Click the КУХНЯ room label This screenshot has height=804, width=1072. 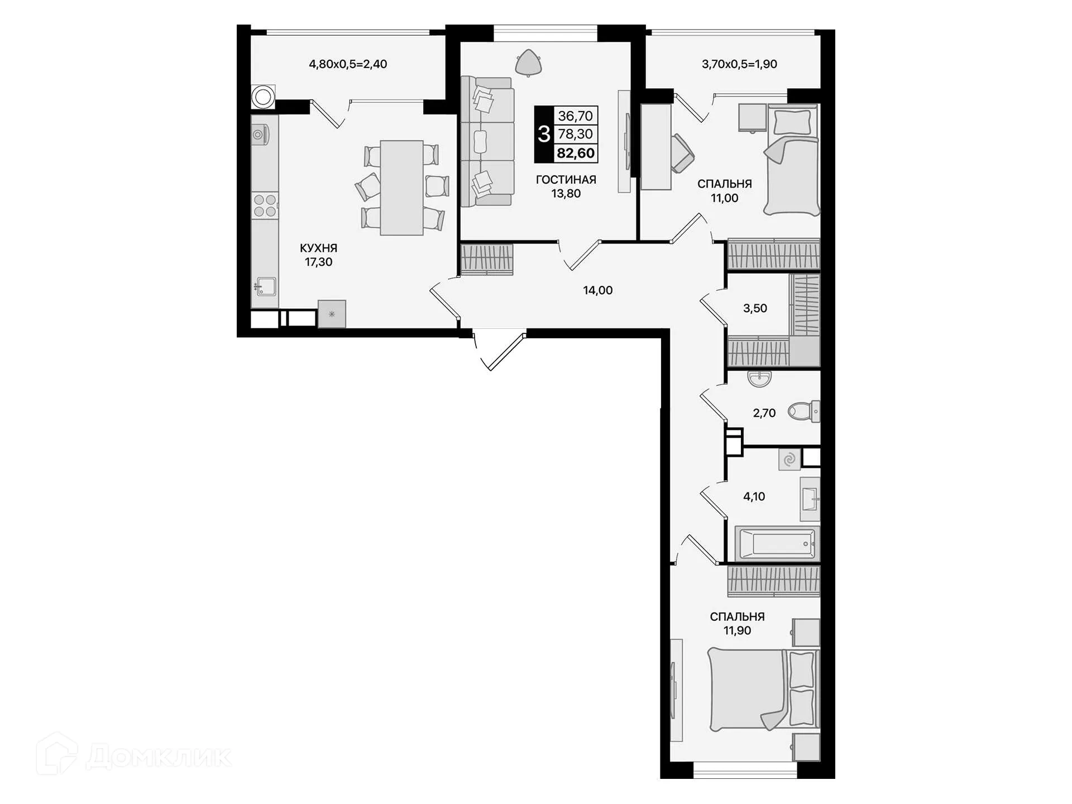318,248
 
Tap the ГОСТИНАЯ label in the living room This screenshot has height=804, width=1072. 566,180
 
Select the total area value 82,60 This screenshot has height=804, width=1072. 576,153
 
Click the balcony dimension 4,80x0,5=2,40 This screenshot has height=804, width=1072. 348,64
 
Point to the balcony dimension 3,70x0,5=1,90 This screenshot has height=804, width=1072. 739,64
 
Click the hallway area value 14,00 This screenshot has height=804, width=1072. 597,290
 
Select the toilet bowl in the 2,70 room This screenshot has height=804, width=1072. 802,411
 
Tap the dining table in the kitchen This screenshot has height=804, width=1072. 401,188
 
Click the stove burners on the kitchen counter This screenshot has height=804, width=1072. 265,205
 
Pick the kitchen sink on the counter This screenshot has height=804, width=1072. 266,287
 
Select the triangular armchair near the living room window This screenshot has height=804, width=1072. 528,62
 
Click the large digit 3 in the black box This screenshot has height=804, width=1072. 544,134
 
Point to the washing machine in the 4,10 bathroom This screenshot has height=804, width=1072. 789,460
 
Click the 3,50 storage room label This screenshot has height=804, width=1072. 754,308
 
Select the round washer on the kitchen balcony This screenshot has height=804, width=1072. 263,97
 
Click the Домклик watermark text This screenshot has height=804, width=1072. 159,757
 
